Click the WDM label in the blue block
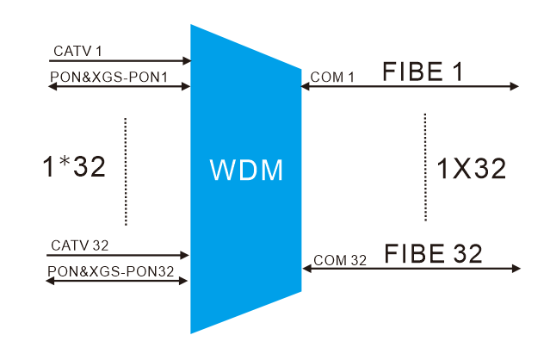pos(246,169)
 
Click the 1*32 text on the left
pos(74,166)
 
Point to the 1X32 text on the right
pos(472,168)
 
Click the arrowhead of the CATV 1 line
pos(187,61)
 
